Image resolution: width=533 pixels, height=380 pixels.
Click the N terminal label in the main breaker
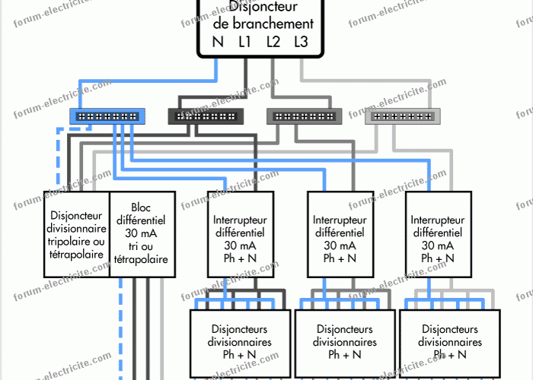pos(218,42)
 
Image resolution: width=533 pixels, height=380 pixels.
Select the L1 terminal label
pos(244,42)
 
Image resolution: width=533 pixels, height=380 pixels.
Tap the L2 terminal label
pos(273,42)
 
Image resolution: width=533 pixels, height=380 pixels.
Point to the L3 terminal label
pos(302,42)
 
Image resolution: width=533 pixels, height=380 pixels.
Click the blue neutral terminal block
pos(108,116)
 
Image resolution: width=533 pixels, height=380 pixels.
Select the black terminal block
pos(206,116)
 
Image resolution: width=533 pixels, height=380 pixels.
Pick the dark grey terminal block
pos(304,116)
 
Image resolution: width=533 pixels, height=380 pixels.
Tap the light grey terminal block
pos(402,116)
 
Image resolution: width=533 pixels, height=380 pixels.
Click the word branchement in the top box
pos(263,24)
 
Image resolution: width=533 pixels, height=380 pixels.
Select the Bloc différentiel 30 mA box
pos(142,233)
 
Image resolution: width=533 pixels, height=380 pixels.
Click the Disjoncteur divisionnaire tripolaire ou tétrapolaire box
pos(76,233)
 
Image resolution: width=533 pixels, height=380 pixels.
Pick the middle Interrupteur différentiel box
pos(340,234)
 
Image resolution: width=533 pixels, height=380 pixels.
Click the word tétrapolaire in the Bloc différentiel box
pos(142,259)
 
